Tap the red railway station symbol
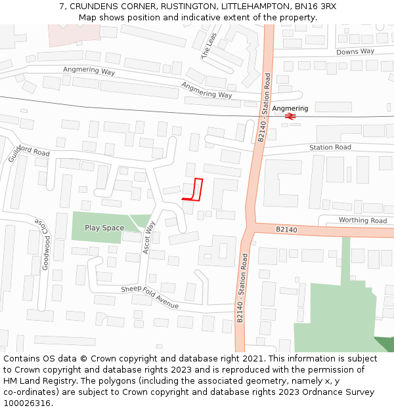290,116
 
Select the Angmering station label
290,108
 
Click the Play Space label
104,228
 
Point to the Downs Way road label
355,51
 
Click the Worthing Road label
362,220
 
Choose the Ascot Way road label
149,237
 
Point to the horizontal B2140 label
286,230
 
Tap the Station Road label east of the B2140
330,148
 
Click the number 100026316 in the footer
27,403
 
